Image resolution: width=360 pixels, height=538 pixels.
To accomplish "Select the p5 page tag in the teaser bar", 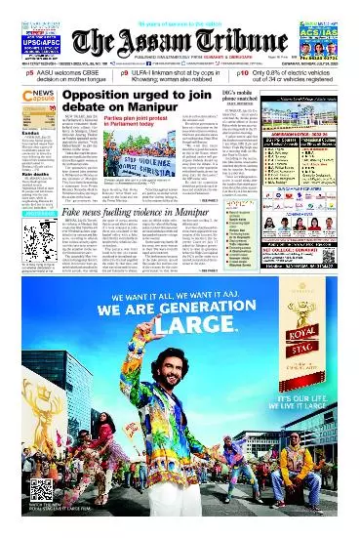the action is point(30,72).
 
